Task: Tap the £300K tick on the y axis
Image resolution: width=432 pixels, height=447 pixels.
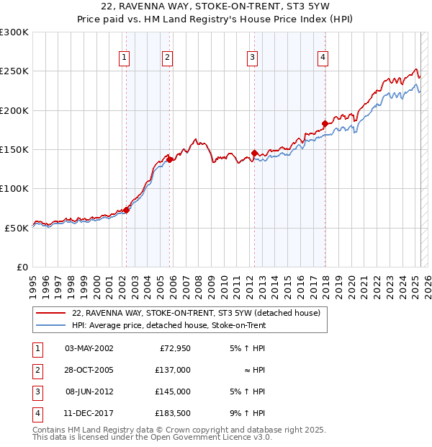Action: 14,32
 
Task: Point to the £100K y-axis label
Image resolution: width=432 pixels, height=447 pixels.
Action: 14,188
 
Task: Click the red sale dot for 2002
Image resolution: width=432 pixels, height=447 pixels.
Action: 126,210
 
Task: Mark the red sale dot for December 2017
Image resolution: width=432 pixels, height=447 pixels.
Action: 325,123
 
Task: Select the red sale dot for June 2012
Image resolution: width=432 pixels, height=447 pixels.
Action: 254,153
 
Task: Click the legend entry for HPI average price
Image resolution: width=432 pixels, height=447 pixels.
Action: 168,325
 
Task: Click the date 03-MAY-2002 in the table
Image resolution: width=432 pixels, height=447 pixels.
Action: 89,349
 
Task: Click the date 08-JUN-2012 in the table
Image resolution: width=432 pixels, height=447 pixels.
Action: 89,392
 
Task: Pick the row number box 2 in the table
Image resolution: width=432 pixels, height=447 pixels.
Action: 37,371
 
